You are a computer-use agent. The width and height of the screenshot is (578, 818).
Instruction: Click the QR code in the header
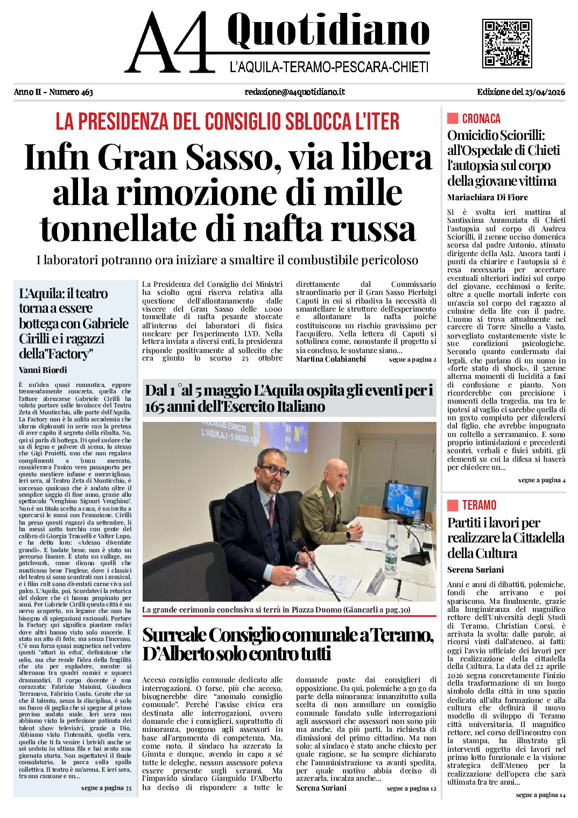coord(506,44)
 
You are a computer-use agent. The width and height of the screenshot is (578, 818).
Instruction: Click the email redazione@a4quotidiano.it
coord(294,92)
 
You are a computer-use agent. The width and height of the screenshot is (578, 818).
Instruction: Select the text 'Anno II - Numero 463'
coord(53,92)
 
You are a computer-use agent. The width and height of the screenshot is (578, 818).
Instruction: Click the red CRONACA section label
coord(481,119)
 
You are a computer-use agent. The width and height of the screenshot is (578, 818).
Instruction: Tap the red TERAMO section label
coord(478,505)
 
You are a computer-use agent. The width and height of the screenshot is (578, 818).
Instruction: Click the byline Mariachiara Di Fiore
coord(487,198)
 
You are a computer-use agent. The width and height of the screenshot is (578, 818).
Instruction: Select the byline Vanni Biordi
coord(43,370)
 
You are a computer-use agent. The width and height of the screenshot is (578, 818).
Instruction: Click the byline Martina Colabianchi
coord(330,359)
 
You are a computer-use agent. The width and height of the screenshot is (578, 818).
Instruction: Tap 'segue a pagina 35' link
coord(106,788)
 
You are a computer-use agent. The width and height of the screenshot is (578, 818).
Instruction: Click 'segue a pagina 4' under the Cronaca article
coord(541,480)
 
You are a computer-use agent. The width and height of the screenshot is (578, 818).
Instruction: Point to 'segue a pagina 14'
coord(540,795)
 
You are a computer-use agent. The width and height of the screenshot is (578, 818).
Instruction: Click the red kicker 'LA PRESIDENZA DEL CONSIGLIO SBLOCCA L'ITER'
coord(228,122)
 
